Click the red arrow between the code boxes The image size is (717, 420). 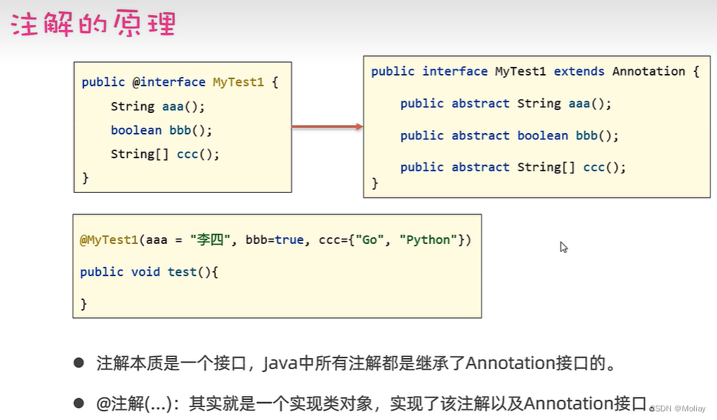(327, 127)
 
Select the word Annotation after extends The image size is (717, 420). (649, 71)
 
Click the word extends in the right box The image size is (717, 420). (579, 71)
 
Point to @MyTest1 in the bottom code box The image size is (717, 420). (109, 239)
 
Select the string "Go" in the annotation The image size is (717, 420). (369, 239)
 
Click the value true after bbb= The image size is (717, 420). (289, 239)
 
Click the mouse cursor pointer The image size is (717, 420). (564, 247)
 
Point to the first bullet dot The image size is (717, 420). (79, 363)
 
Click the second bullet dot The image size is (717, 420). (79, 403)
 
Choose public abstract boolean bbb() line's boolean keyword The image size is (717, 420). (543, 135)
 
